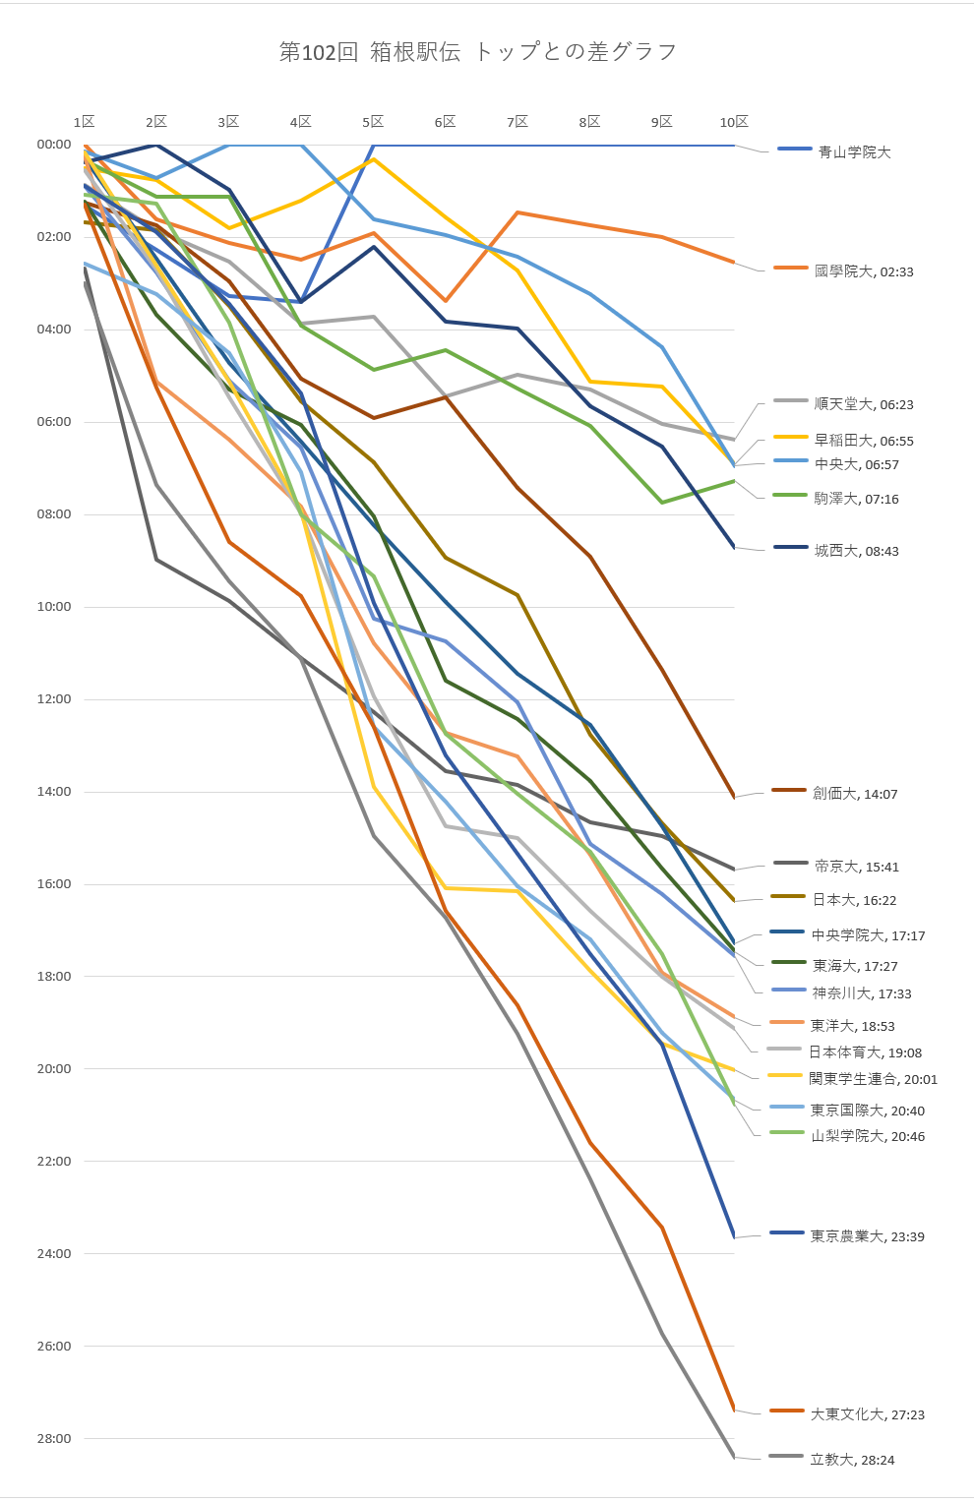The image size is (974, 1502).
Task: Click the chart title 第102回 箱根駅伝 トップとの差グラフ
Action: tap(478, 52)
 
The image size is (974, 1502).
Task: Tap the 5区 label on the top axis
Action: tap(373, 122)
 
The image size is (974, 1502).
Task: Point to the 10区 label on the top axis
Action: tap(734, 122)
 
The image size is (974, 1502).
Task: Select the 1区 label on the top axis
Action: tap(85, 122)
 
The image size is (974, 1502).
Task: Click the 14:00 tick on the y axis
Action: tap(54, 792)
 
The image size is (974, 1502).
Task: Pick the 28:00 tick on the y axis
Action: tap(54, 1439)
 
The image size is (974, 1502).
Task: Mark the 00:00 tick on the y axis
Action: tap(54, 145)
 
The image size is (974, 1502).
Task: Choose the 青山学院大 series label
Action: tap(854, 152)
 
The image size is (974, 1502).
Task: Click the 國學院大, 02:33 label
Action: tap(864, 271)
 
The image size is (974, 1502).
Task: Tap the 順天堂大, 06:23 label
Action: tap(864, 404)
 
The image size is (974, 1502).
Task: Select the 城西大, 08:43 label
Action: tap(856, 551)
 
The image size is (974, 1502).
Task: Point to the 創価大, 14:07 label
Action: tap(855, 794)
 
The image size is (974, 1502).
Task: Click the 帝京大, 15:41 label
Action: tap(856, 867)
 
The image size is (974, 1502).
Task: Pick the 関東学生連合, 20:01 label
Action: tap(873, 1079)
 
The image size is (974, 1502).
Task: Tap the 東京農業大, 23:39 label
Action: tap(867, 1236)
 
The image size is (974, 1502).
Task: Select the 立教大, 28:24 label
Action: tap(852, 1460)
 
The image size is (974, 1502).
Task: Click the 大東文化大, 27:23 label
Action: tap(867, 1414)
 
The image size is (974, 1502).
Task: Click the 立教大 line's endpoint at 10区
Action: tap(734, 1457)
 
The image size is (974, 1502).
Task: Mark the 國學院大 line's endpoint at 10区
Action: tap(734, 263)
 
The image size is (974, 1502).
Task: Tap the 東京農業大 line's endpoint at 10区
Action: tap(734, 1237)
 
